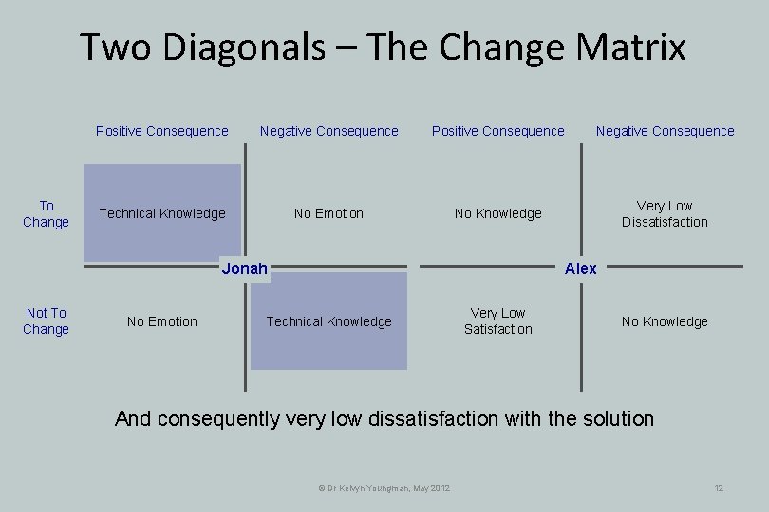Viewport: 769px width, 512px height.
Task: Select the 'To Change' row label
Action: coord(46,214)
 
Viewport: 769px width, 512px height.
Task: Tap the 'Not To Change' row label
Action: coord(46,321)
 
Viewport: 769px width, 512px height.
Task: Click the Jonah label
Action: coord(244,268)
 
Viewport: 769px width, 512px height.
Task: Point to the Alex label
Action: coord(580,268)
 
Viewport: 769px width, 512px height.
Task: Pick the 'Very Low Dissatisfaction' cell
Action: coord(665,214)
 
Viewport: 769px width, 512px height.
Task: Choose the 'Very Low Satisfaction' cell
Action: coord(497,321)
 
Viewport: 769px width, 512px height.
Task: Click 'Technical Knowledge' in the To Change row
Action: coord(162,214)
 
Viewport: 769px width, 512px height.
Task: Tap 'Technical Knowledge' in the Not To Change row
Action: coord(328,322)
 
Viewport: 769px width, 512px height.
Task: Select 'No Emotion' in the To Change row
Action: coord(328,214)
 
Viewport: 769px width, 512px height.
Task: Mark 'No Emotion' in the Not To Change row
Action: coord(162,322)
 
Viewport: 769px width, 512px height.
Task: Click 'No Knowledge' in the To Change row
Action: coord(497,214)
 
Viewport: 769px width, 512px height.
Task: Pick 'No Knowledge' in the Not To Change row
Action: coord(665,322)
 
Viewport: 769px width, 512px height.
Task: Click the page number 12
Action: coord(719,488)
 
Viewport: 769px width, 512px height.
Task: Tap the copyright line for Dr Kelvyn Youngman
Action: coord(383,488)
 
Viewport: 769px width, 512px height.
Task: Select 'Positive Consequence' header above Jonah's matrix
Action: coord(162,131)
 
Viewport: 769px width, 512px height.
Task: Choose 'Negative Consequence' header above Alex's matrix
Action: coord(665,131)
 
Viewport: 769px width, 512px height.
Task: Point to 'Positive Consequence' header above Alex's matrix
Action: coord(497,131)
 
